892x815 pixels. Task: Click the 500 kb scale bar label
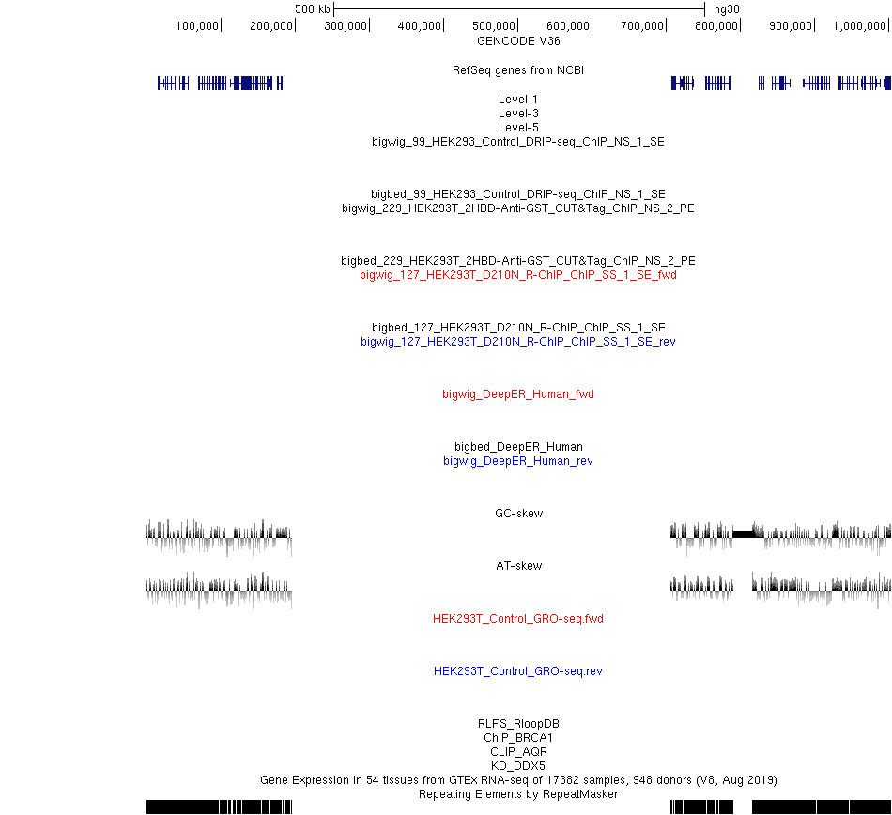pyautogui.click(x=313, y=9)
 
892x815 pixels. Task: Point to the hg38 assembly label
pyautogui.click(x=727, y=9)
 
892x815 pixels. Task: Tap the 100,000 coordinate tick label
pyautogui.click(x=197, y=26)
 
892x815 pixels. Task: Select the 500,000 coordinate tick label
pyautogui.click(x=494, y=26)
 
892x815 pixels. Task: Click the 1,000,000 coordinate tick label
pyautogui.click(x=859, y=26)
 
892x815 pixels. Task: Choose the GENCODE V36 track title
pyautogui.click(x=518, y=41)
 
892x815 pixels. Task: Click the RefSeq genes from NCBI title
pyautogui.click(x=518, y=70)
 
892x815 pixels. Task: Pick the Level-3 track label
pyautogui.click(x=518, y=114)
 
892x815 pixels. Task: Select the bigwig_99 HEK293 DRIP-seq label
pyautogui.click(x=518, y=142)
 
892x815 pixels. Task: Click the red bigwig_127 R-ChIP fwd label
pyautogui.click(x=518, y=275)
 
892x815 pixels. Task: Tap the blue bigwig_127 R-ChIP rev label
pyautogui.click(x=518, y=341)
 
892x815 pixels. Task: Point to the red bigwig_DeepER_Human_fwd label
pyautogui.click(x=518, y=394)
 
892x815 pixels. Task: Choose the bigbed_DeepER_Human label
pyautogui.click(x=518, y=446)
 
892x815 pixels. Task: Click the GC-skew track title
pyautogui.click(x=519, y=513)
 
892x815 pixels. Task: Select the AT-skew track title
pyautogui.click(x=519, y=566)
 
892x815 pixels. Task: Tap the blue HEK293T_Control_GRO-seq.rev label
pyautogui.click(x=518, y=671)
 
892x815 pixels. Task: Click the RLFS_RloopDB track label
pyautogui.click(x=518, y=723)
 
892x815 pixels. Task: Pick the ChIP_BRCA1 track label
pyautogui.click(x=518, y=738)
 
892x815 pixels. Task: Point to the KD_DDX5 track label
pyautogui.click(x=518, y=765)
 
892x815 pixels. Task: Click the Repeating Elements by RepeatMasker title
pyautogui.click(x=518, y=794)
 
